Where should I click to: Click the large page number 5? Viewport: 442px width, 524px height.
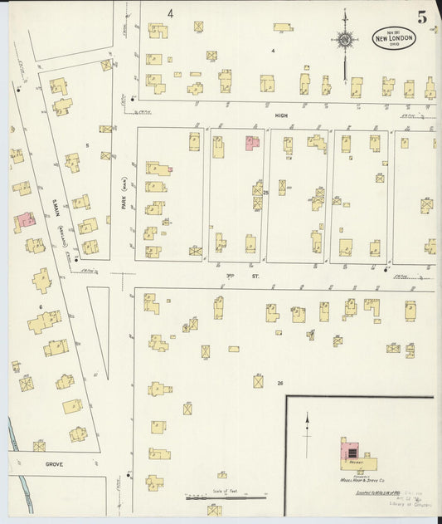[422, 17]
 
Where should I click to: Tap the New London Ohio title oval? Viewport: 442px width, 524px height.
[392, 38]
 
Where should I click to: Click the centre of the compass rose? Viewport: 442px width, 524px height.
[345, 38]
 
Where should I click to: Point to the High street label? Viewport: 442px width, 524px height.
[280, 116]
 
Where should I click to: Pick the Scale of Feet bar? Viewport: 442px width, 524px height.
[216, 496]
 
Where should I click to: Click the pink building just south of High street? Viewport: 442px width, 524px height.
[251, 143]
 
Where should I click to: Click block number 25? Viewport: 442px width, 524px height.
[266, 193]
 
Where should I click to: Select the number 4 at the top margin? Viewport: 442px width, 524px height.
[169, 13]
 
